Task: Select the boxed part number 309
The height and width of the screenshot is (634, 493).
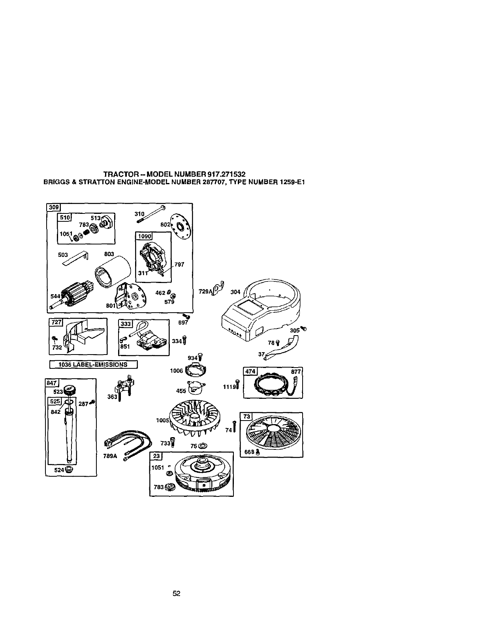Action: [53, 207]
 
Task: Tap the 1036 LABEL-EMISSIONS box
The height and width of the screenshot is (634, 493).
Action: [93, 364]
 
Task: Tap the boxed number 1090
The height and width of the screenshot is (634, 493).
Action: [145, 236]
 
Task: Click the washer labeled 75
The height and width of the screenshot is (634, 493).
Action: [203, 446]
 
